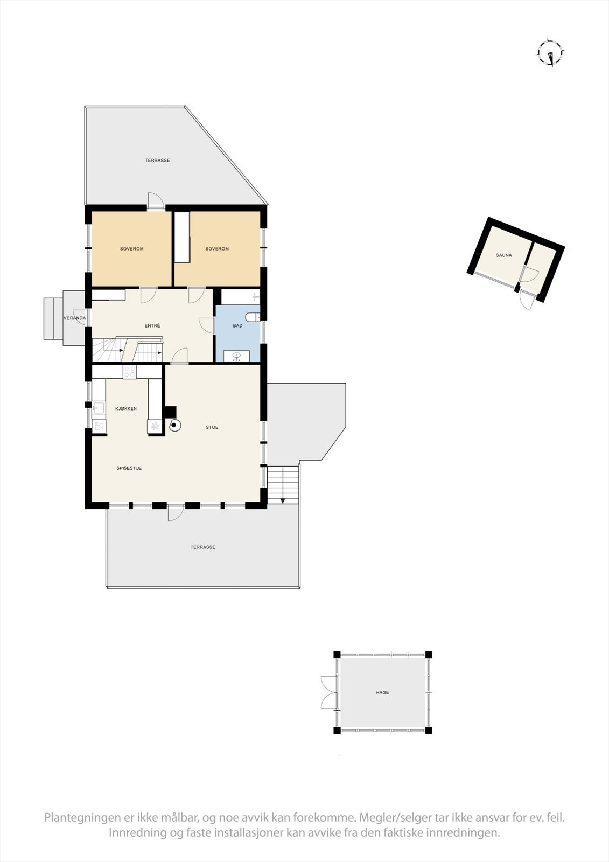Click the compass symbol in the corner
pos(550,53)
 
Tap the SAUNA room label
pos(504,255)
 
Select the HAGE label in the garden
pos(382,693)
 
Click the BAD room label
pos(237,326)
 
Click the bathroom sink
pos(237,356)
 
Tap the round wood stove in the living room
pos(174,426)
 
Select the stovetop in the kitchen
pos(130,372)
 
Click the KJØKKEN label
pos(126,409)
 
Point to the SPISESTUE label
pos(129,468)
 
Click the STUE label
pos(212,428)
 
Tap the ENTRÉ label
pos(152,326)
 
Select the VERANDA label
pos(74,318)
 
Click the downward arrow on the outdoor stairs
pos(283,499)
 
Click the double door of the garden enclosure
pos(328,692)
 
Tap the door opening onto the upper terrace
pos(156,200)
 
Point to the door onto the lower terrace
pos(175,513)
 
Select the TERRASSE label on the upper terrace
pos(157,161)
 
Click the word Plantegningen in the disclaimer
pos(79,818)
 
